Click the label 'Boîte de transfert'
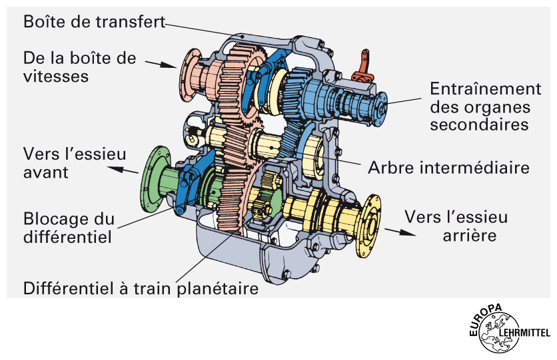coord(93,21)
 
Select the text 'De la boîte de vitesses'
coord(79,67)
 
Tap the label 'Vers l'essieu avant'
coord(74,163)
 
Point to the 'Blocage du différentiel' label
coord(69,227)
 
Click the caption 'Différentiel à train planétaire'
coord(141,289)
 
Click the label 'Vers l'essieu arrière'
coord(456,226)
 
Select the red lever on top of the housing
coord(364,63)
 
